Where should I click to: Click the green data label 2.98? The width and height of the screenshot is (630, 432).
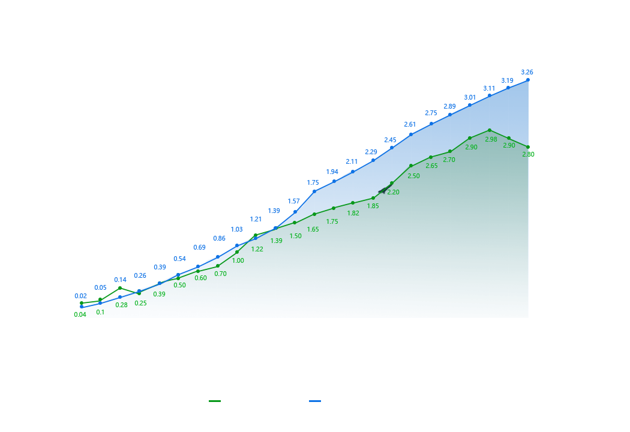coord(491,139)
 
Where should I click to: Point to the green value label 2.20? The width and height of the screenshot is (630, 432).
coord(393,192)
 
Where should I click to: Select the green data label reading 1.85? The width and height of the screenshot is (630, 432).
coord(373,206)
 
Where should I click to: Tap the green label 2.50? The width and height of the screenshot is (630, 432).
coord(413,176)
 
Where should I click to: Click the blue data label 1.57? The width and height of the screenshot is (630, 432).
coord(293,201)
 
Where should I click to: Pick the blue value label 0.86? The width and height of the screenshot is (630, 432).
coord(219,239)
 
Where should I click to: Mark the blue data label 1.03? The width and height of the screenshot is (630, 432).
coord(237,229)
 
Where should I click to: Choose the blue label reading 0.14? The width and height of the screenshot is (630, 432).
coord(120,280)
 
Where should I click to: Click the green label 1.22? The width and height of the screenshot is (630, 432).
coord(257,249)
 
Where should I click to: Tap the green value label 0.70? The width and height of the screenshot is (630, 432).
coord(220,274)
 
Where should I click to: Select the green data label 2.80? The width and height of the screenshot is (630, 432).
coord(528,154)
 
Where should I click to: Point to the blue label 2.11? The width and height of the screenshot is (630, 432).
coord(352,161)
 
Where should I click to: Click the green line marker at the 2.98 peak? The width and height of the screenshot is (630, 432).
coord(490,130)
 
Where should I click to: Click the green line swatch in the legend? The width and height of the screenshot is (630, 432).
coord(215,401)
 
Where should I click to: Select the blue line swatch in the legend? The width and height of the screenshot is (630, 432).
coord(315,401)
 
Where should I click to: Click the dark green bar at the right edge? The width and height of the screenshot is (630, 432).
coord(538,219)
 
